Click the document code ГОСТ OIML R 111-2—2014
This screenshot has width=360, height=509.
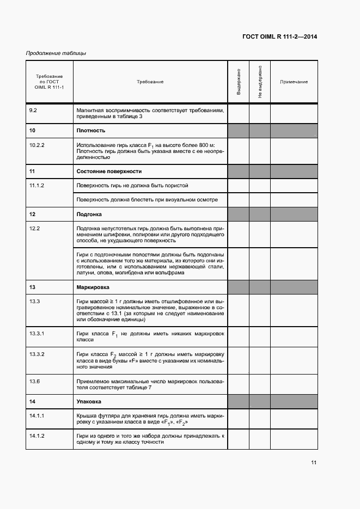click(279, 37)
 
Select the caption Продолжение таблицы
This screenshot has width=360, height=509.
click(56, 53)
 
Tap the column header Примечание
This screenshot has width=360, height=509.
click(294, 82)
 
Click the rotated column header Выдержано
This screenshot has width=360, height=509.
click(239, 82)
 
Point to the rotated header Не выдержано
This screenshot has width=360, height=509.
click(260, 82)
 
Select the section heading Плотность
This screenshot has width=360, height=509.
click(90, 131)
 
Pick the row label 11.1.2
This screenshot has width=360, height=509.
click(36, 186)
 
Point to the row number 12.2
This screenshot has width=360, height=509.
click(34, 229)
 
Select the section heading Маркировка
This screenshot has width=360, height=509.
click(93, 286)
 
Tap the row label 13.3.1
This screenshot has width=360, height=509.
click(36, 333)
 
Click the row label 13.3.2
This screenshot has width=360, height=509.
click(36, 354)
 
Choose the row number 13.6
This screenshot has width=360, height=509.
click(34, 381)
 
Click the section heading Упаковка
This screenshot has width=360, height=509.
click(90, 401)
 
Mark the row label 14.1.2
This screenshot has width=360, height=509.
click(36, 436)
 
